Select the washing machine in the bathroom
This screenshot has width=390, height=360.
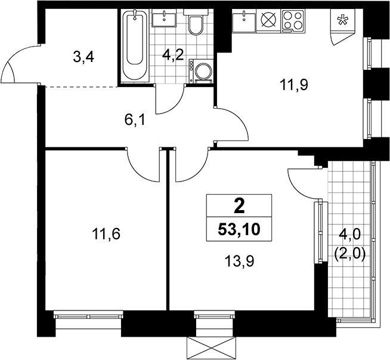pyautogui.click(x=201, y=71)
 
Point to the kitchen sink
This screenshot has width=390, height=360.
pyautogui.click(x=244, y=21)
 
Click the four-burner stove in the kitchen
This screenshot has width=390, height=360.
pyautogui.click(x=293, y=21)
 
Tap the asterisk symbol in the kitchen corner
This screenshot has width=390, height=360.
pyautogui.click(x=342, y=20)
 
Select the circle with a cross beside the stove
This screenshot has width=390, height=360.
pyautogui.click(x=269, y=20)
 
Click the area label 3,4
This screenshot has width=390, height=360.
pyautogui.click(x=83, y=58)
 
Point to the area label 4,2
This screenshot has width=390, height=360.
pyautogui.click(x=173, y=56)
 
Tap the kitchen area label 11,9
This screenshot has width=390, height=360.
pyautogui.click(x=294, y=85)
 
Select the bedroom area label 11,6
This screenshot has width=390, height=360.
pyautogui.click(x=106, y=234)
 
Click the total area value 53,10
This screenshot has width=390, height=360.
pyautogui.click(x=239, y=230)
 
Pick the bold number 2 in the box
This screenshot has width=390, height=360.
pyautogui.click(x=239, y=207)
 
